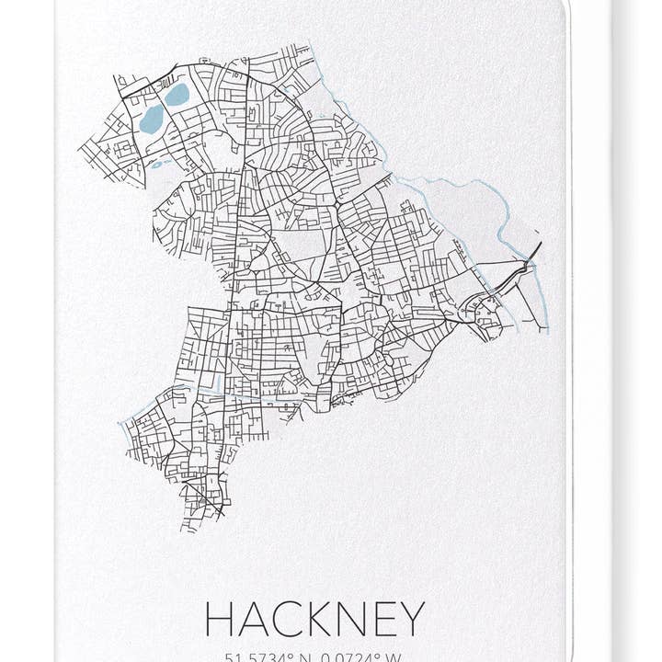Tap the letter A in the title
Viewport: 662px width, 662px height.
pyautogui.click(x=254, y=619)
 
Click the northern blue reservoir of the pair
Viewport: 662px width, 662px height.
pyautogui.click(x=177, y=94)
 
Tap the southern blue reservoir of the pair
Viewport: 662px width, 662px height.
pyautogui.click(x=152, y=119)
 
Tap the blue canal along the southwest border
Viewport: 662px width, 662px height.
pyautogui.click(x=138, y=413)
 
